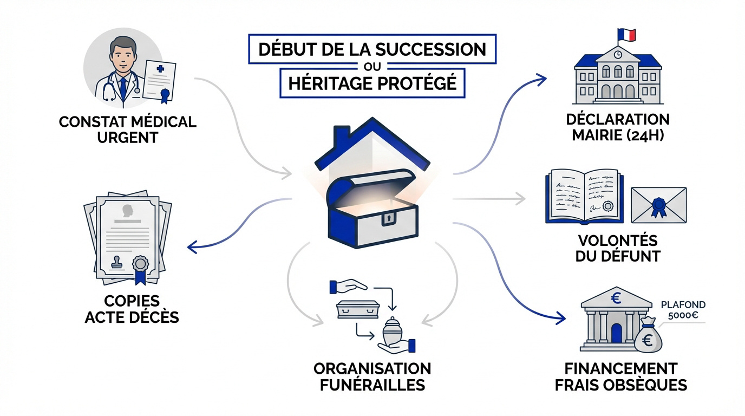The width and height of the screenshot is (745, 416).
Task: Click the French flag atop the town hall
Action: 628,35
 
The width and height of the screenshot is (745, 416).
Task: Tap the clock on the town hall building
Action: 618,54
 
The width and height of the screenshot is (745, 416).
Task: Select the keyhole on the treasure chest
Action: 388,219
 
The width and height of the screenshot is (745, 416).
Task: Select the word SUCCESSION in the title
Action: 430,49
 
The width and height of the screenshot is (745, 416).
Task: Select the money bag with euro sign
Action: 650,337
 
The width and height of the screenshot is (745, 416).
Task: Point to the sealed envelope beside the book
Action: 659,205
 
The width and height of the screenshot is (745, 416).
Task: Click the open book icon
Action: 584,196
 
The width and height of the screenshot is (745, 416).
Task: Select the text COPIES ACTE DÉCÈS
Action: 132,309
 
